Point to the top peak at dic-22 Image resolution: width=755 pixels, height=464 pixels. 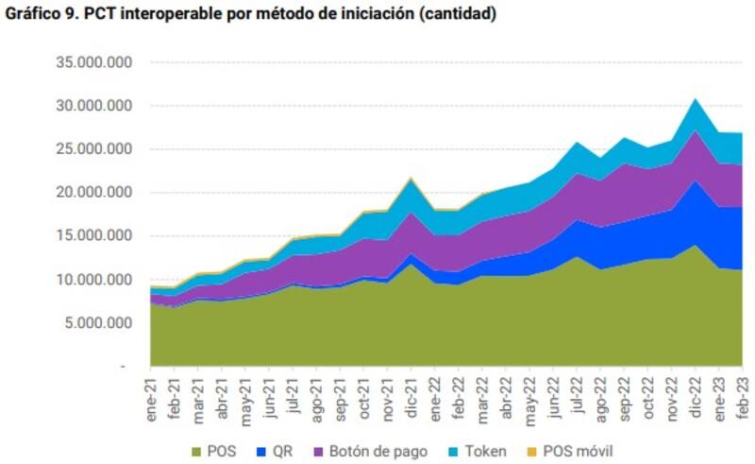(696, 99)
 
